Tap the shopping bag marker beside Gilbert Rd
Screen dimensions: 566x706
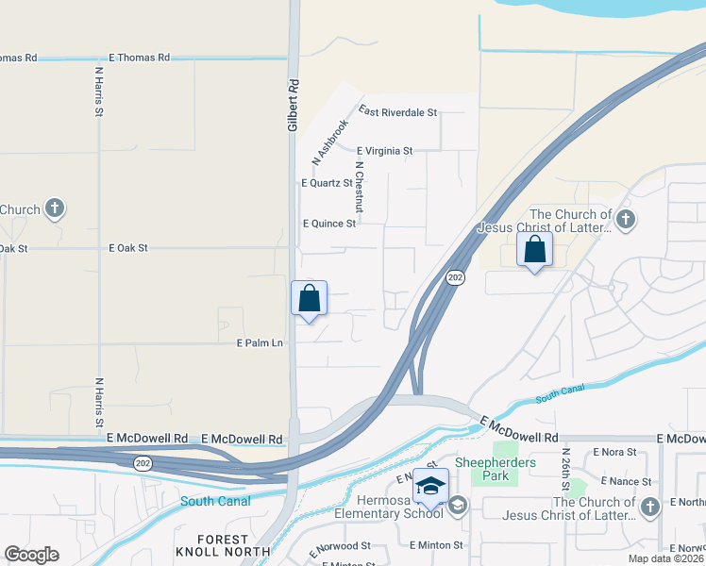[x=309, y=299]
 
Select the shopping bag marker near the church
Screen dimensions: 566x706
[x=534, y=250]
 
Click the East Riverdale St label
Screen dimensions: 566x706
[x=397, y=112]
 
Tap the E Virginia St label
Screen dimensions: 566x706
[x=385, y=151]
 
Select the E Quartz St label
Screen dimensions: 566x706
[x=327, y=183]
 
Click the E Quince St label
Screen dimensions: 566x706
[x=329, y=224]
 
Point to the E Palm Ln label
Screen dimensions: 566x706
[x=260, y=343]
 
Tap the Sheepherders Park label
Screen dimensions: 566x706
[x=496, y=469]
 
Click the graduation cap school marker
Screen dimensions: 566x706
[x=430, y=485]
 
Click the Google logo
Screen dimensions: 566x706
[x=31, y=555]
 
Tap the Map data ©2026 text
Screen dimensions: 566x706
[x=665, y=558]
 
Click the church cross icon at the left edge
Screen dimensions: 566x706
[x=55, y=208]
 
